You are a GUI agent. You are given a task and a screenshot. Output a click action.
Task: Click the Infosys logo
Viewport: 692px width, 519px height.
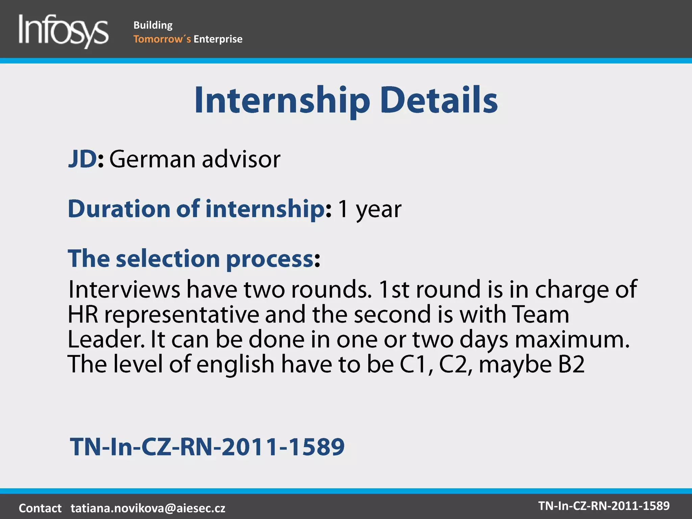[x=64, y=30]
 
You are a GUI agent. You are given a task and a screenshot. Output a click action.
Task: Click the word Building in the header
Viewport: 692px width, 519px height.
[x=153, y=25]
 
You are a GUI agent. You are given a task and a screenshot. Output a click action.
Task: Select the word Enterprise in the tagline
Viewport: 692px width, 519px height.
[x=218, y=39]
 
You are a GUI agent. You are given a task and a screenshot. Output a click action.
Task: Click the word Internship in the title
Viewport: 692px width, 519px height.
[x=282, y=100]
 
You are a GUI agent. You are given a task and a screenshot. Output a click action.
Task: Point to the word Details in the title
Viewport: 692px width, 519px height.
[x=439, y=100]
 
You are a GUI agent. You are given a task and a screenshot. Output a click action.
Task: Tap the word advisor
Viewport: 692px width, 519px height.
[x=241, y=159]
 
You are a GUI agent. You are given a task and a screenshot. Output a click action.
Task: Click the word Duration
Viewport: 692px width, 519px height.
[x=119, y=208]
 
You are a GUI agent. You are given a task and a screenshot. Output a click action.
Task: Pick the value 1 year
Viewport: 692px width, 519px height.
[x=370, y=209]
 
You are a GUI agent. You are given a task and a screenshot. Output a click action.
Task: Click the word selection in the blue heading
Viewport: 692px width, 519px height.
[x=168, y=259]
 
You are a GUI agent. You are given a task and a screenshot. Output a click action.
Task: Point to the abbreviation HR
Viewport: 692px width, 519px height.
[x=83, y=314]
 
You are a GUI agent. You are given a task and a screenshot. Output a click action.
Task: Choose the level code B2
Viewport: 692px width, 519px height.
[x=571, y=364]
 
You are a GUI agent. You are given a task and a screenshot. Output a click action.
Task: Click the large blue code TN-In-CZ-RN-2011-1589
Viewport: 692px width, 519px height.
[x=207, y=447]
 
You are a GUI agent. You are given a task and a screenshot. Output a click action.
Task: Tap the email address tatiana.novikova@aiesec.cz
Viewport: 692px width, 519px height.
[x=148, y=508]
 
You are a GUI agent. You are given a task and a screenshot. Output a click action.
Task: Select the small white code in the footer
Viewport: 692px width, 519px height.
[x=604, y=506]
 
